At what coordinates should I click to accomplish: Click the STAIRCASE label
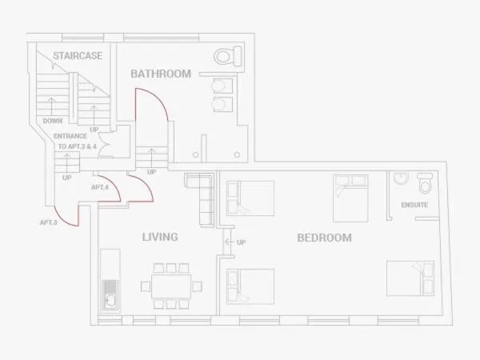(78, 56)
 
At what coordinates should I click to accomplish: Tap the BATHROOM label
(161, 74)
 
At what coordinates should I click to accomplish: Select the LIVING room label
(160, 237)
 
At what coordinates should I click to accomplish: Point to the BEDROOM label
(324, 238)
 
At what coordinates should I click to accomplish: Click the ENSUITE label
(414, 205)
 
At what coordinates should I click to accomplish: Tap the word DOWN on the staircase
(52, 121)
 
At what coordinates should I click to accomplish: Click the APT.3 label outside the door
(48, 222)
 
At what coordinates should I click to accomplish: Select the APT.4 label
(100, 187)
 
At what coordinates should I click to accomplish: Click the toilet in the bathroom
(228, 56)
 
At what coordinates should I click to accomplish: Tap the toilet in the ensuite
(425, 182)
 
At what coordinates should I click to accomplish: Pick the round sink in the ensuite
(401, 178)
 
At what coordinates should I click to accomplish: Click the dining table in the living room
(171, 286)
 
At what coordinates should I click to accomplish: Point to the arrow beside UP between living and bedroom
(230, 242)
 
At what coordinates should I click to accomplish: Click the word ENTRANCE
(70, 136)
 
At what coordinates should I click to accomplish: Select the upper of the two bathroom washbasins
(222, 86)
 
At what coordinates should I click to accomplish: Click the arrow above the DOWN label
(52, 106)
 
